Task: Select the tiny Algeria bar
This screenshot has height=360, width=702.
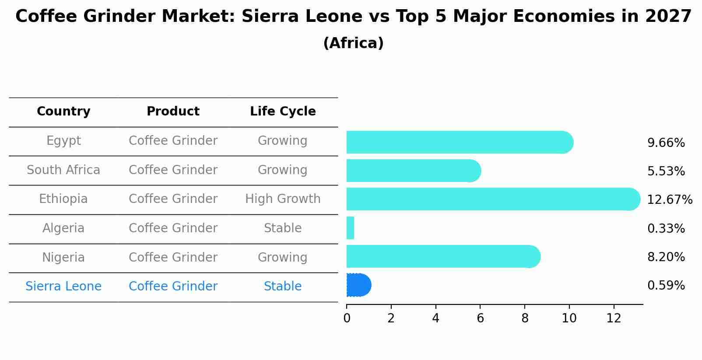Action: (350, 228)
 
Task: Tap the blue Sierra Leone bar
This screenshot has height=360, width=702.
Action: (358, 285)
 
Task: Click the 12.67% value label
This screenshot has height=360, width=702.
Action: (669, 200)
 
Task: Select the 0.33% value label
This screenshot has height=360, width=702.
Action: (666, 228)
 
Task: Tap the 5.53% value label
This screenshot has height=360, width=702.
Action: (666, 171)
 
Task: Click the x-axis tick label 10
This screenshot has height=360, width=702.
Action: (569, 318)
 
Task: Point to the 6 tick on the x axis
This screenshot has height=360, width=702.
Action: (480, 318)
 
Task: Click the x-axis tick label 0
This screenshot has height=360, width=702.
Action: (347, 318)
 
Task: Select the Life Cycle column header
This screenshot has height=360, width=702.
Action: (283, 112)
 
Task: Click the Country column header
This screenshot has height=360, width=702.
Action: (63, 112)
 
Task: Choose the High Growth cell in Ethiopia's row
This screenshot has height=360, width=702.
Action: (283, 199)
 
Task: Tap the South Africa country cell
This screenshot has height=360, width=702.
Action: (63, 170)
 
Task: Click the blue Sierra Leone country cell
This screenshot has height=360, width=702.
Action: (63, 287)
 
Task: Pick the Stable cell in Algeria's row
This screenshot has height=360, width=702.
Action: (283, 228)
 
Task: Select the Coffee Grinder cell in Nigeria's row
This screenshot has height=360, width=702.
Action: (173, 257)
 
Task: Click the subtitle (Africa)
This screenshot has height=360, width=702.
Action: (353, 43)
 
